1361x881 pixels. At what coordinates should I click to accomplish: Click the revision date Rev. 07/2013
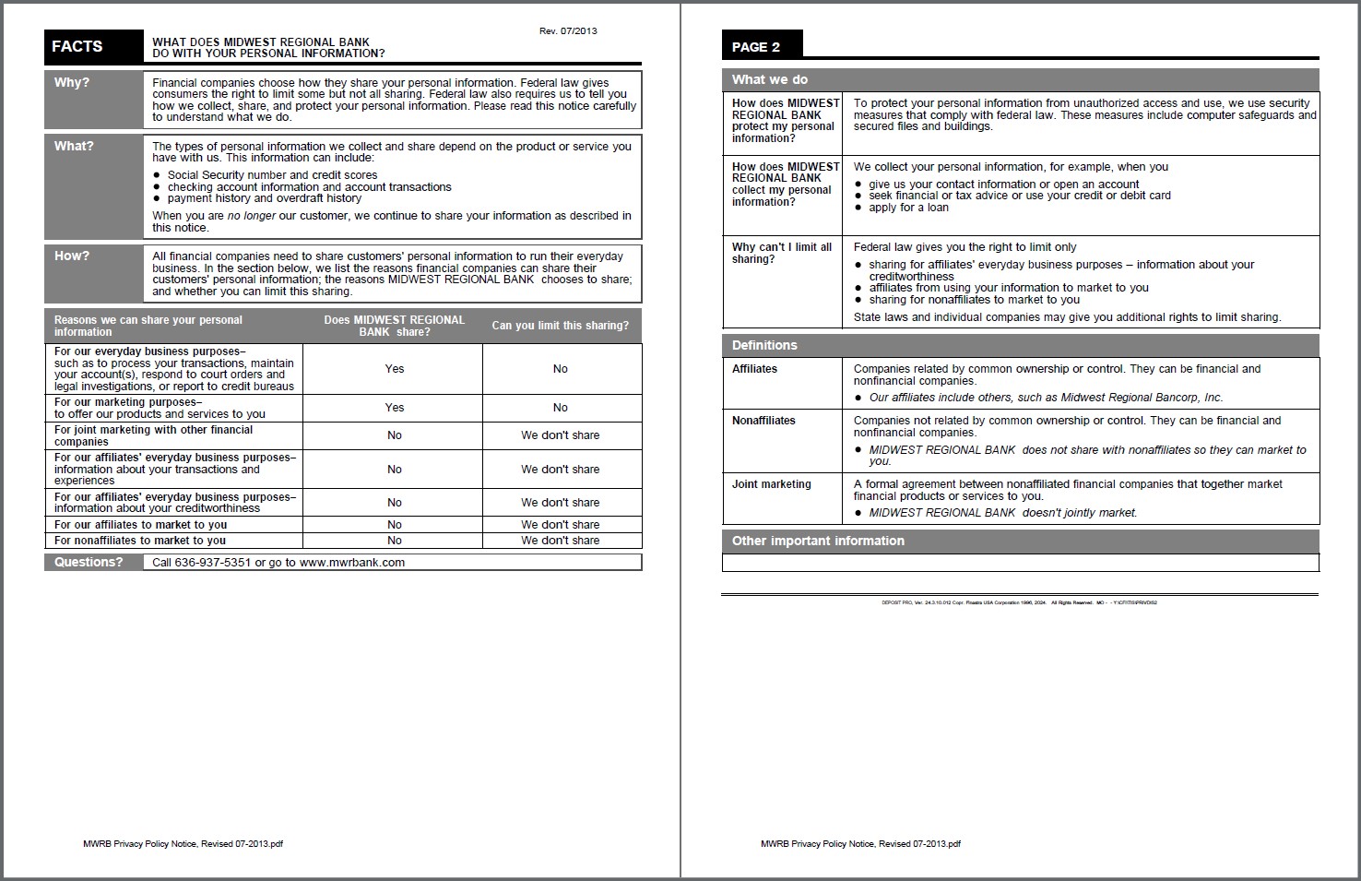pyautogui.click(x=568, y=31)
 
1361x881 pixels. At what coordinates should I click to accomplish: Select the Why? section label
pyautogui.click(x=72, y=83)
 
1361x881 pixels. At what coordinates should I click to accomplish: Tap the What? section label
pyautogui.click(x=74, y=147)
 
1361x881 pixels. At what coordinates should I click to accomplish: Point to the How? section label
pyautogui.click(x=72, y=256)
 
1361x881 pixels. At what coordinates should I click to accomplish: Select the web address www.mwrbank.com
pyautogui.click(x=351, y=563)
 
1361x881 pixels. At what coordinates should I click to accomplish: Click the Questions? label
pyautogui.click(x=89, y=563)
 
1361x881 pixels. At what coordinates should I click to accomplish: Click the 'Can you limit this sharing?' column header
pyautogui.click(x=561, y=326)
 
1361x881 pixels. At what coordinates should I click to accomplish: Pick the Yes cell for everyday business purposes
pyautogui.click(x=395, y=369)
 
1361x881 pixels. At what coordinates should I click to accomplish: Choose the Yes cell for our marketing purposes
pyautogui.click(x=395, y=408)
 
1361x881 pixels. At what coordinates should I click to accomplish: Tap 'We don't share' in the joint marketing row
pyautogui.click(x=561, y=435)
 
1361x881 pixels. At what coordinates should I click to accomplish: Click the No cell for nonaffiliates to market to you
pyautogui.click(x=395, y=541)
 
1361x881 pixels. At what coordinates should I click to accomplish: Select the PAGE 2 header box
pyautogui.click(x=756, y=47)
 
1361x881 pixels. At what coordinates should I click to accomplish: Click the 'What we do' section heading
pyautogui.click(x=770, y=80)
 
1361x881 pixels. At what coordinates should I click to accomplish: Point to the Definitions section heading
pyautogui.click(x=764, y=346)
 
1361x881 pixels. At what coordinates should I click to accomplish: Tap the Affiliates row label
pyautogui.click(x=754, y=369)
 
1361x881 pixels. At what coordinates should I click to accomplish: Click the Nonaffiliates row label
pyautogui.click(x=763, y=421)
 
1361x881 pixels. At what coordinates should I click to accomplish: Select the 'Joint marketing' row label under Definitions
pyautogui.click(x=772, y=484)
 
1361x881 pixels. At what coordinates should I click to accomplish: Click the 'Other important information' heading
pyautogui.click(x=818, y=542)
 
